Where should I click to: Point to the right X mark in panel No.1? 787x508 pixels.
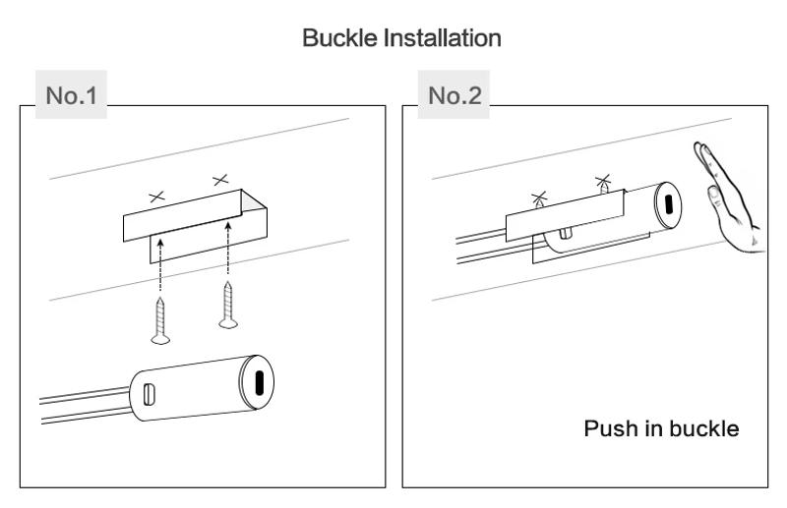pos(219,179)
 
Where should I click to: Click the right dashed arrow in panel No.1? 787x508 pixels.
pos(230,260)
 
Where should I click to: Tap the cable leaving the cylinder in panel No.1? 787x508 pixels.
pos(79,404)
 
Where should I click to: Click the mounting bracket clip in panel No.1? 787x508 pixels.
pos(197,221)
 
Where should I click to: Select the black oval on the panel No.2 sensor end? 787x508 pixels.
pos(670,204)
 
